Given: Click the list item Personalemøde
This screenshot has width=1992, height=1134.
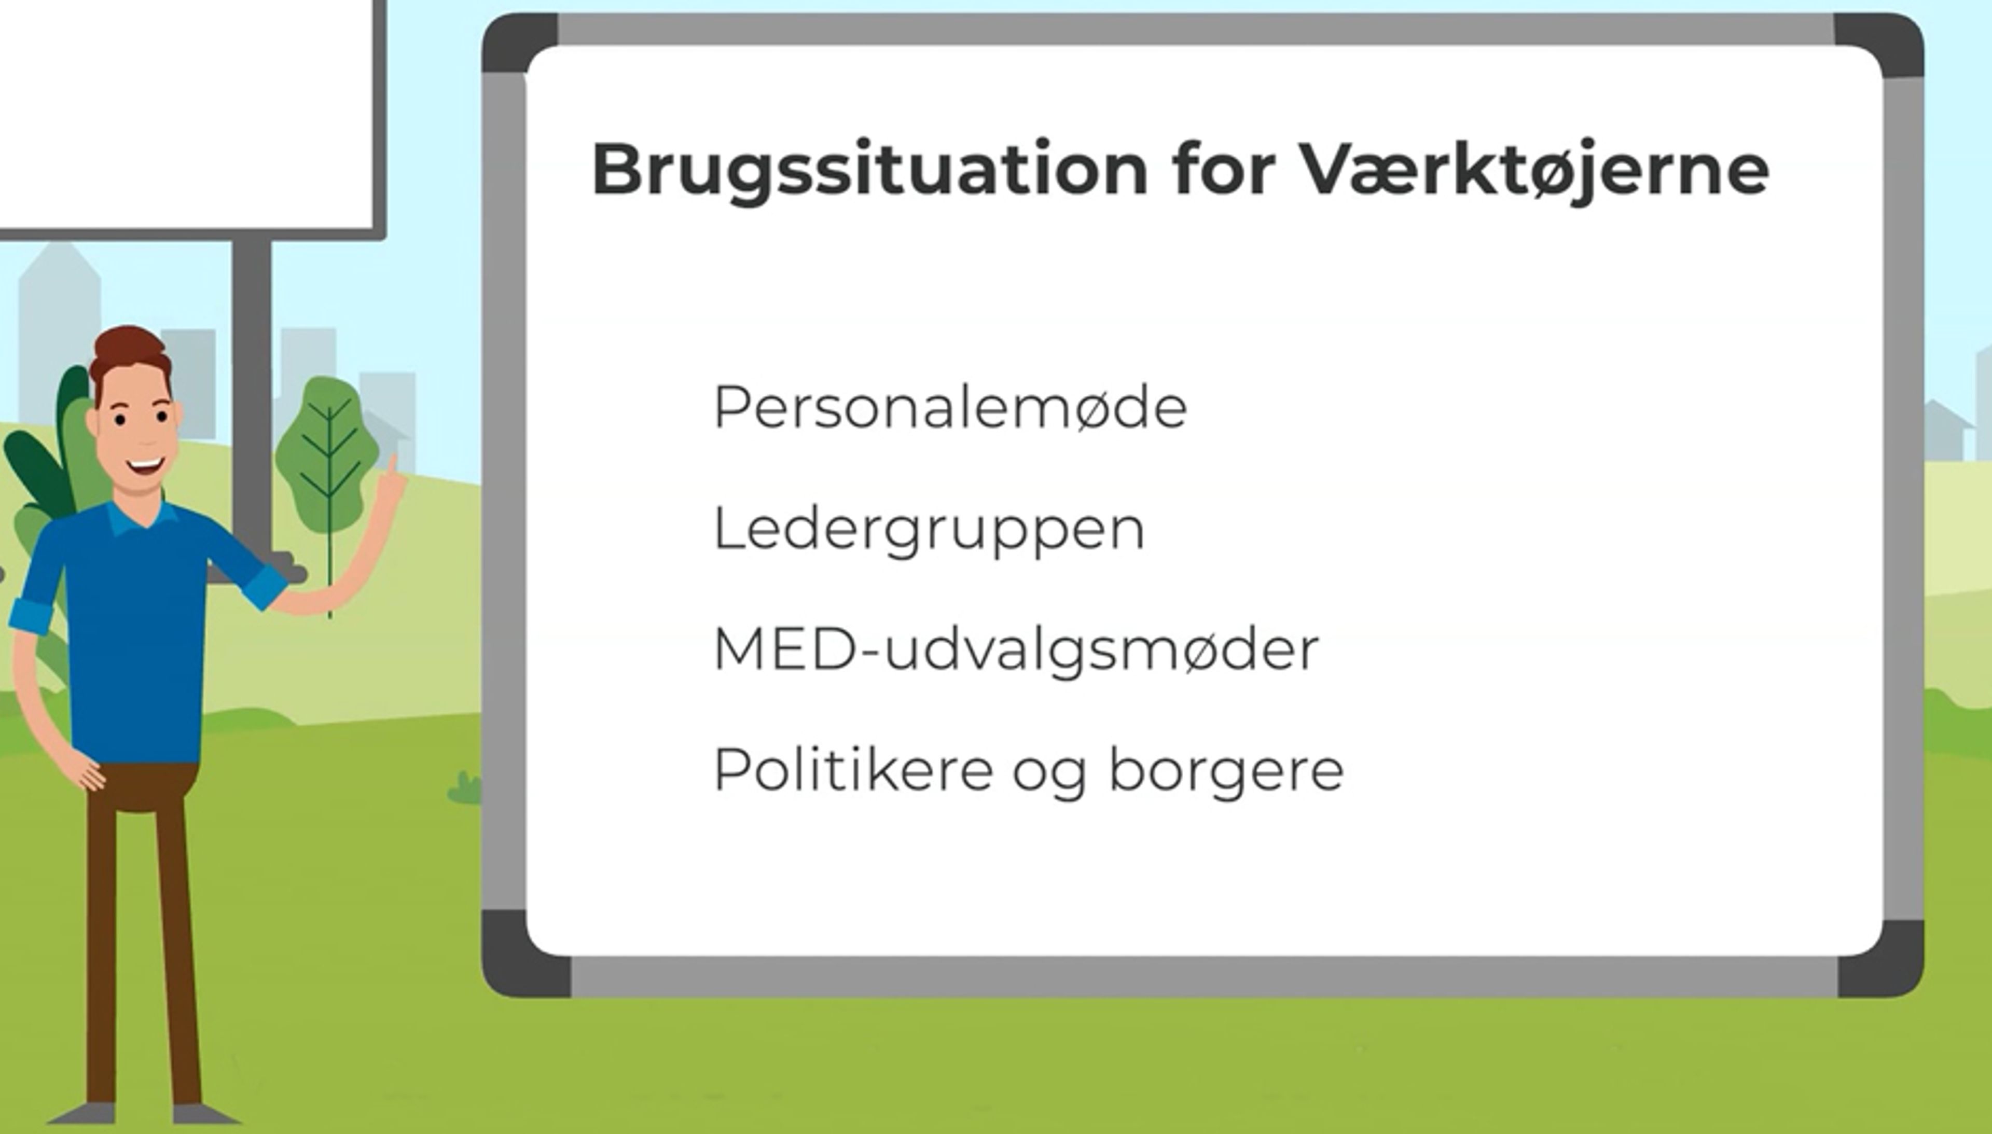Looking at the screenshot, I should coord(950,407).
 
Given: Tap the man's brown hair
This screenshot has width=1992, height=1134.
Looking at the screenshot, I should coord(129,351).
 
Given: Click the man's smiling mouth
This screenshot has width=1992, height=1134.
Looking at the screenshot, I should coord(146,467).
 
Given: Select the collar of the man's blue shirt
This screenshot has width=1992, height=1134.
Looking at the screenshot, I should coord(140,518).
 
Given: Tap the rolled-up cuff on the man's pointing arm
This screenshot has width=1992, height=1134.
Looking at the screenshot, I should coord(265,588).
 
